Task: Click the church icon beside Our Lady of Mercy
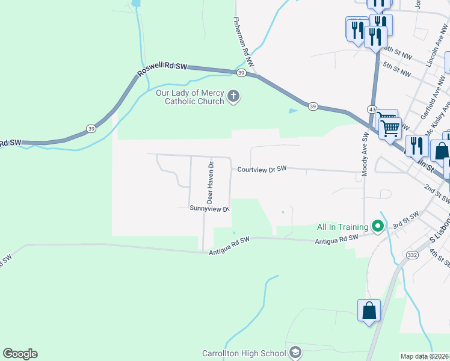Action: click(233, 96)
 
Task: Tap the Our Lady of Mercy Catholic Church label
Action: click(190, 97)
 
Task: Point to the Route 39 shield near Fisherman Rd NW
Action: click(241, 73)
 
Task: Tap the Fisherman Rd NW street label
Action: click(244, 41)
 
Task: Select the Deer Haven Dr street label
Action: click(210, 181)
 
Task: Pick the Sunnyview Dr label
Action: click(209, 209)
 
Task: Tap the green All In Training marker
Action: click(378, 226)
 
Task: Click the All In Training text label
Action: click(342, 227)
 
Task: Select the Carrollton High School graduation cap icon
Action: click(295, 352)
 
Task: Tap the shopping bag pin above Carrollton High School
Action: click(369, 311)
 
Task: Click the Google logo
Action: click(20, 354)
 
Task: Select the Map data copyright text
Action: click(424, 356)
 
